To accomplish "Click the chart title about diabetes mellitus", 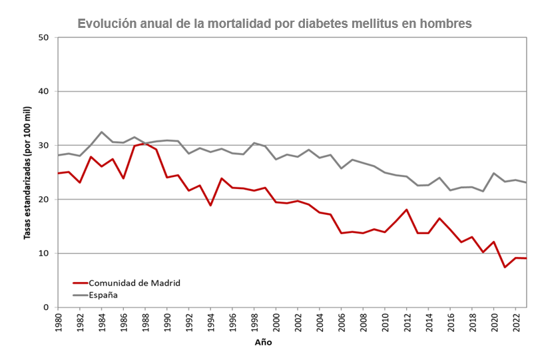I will [274, 23].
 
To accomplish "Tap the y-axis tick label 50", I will [44, 37].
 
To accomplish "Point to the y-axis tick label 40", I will [44, 91].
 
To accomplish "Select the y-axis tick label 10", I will [44, 254].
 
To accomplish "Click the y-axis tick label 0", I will [47, 307].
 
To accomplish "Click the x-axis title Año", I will [263, 343].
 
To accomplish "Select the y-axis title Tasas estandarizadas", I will [27, 172].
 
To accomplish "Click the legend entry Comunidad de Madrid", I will [135, 283].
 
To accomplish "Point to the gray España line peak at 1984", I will [101, 132].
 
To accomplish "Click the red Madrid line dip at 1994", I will [210, 205].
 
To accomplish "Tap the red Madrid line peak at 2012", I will [406, 210].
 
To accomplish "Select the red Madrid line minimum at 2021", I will [505, 268].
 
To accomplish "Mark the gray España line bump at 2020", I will [493, 173].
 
